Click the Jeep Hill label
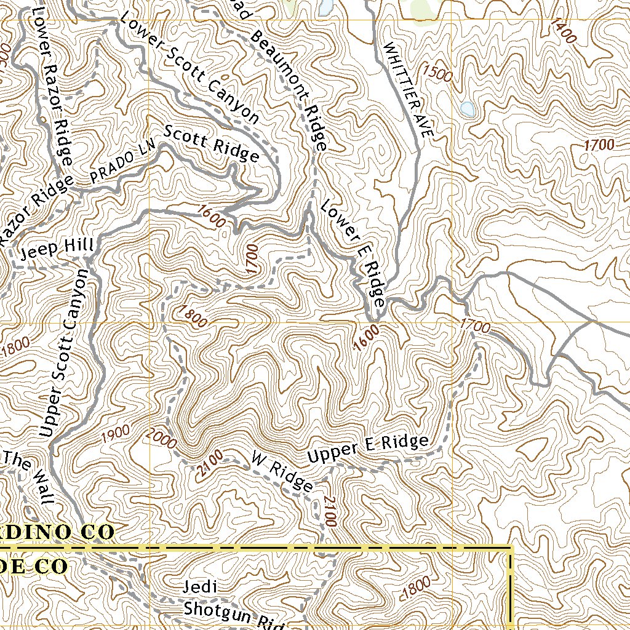(x=57, y=248)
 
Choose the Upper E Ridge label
(x=367, y=449)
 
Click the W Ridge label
(x=282, y=471)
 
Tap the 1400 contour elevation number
(x=564, y=31)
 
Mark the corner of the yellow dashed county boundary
(x=511, y=547)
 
